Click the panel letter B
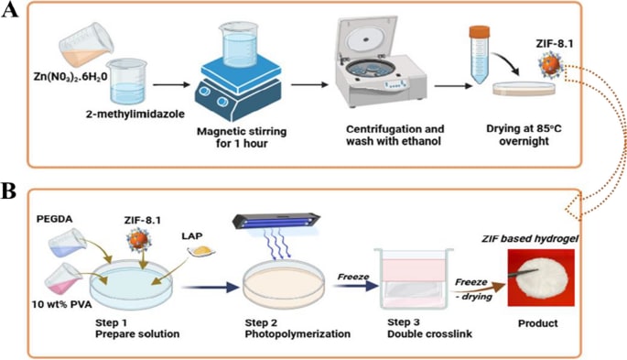9,191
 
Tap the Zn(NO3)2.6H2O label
70,76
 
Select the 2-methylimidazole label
135,114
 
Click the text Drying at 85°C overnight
524,135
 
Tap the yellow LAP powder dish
201,251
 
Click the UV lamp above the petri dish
276,221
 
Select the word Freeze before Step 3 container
352,277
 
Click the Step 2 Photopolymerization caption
297,329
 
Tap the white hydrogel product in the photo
540,278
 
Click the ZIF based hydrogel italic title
530,239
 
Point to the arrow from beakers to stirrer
171,84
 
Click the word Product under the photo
538,323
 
